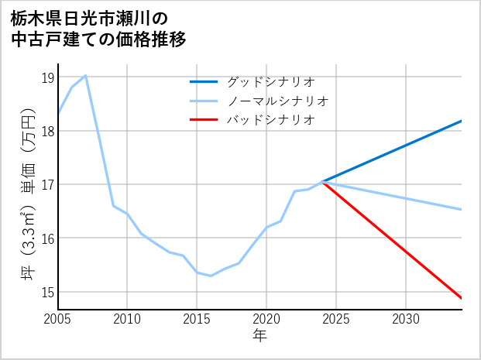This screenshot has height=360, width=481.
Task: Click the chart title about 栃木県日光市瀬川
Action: pyautogui.click(x=98, y=28)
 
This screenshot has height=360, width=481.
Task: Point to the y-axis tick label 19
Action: pyautogui.click(x=47, y=77)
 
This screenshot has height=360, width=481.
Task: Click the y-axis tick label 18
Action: pyautogui.click(x=47, y=131)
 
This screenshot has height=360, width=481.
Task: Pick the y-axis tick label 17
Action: pyautogui.click(x=47, y=185)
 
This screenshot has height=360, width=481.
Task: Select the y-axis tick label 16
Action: pyautogui.click(x=47, y=238)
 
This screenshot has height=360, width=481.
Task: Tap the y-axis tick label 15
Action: pyautogui.click(x=47, y=292)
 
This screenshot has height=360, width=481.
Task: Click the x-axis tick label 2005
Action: pyautogui.click(x=57, y=319)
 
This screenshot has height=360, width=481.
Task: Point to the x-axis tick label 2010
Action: pyautogui.click(x=127, y=319)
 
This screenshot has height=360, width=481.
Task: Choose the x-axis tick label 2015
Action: pyautogui.click(x=197, y=319)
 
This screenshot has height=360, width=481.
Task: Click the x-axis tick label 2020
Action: pyautogui.click(x=266, y=319)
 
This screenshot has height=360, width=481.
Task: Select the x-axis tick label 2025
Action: pyautogui.click(x=336, y=319)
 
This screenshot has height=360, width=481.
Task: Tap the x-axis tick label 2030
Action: pyautogui.click(x=406, y=319)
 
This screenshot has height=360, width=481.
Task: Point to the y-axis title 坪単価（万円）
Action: pyautogui.click(x=28, y=192)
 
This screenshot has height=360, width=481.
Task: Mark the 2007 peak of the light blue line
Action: pyautogui.click(x=85, y=75)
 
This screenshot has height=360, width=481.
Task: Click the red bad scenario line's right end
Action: pyautogui.click(x=462, y=298)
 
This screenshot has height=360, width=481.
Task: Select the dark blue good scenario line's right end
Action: pyautogui.click(x=462, y=121)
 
